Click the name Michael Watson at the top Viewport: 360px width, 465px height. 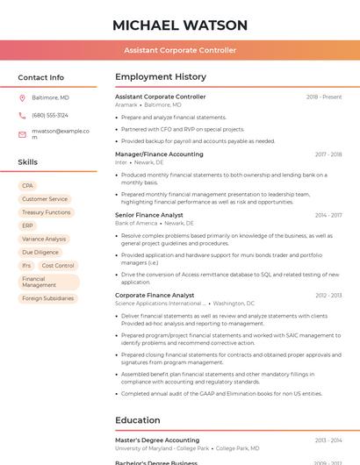click(180, 25)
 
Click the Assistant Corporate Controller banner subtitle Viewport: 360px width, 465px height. click(180, 50)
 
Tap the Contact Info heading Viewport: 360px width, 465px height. click(40, 77)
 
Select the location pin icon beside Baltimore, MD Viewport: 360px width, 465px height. click(22, 97)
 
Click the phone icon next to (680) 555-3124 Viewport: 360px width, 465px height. click(22, 115)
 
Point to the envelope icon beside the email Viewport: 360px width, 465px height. click(22, 133)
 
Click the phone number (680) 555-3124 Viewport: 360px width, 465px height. click(50, 115)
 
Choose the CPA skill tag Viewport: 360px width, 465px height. click(28, 186)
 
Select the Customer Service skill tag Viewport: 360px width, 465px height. click(45, 199)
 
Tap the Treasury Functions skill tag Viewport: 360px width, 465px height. click(47, 212)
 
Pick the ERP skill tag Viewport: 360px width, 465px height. click(28, 225)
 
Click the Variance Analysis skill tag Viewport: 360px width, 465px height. click(44, 239)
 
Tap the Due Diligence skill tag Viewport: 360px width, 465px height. click(40, 252)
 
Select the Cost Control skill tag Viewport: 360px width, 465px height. click(58, 265)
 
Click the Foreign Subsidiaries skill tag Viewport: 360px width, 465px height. click(48, 298)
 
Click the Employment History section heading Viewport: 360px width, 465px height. click(161, 77)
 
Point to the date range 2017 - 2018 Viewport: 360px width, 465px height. click(328, 154)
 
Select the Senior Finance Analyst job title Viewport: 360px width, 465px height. click(149, 215)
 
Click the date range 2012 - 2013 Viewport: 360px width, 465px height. click(328, 296)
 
